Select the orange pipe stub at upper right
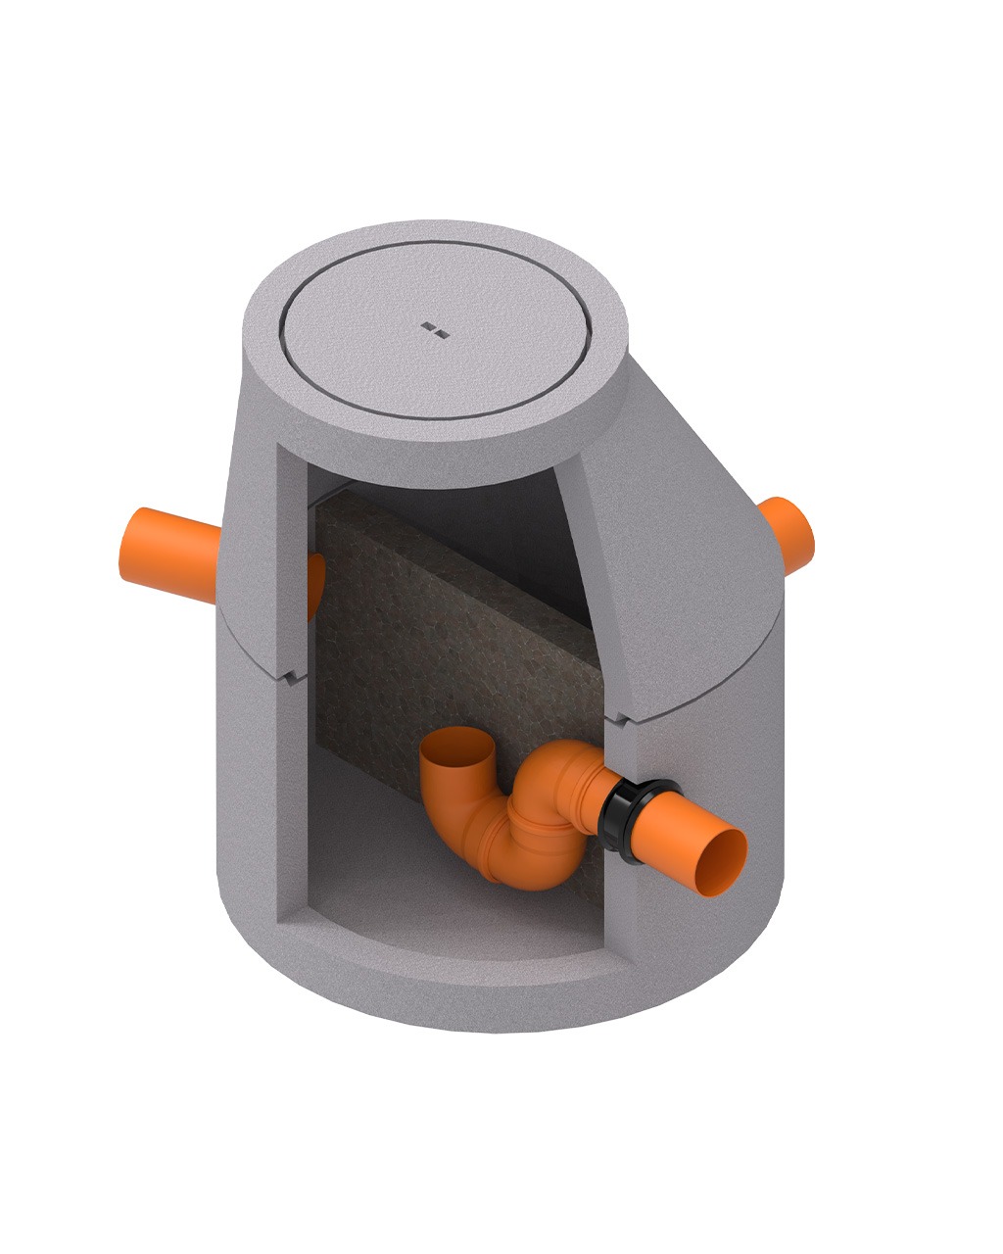tap(789, 536)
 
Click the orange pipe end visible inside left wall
tap(315, 586)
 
